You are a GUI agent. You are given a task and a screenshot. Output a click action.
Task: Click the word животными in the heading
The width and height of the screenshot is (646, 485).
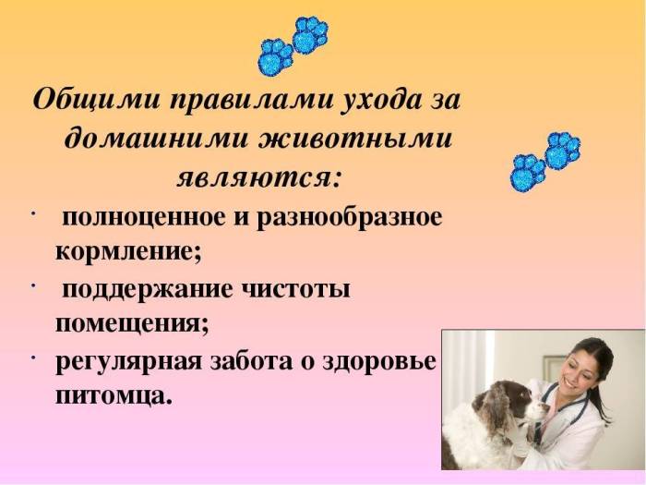(x=353, y=138)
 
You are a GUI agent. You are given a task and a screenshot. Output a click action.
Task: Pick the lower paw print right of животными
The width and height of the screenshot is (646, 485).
(x=528, y=172)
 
